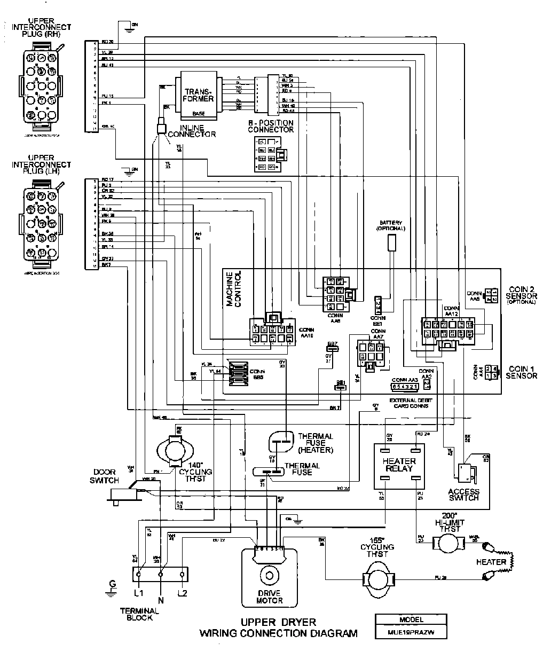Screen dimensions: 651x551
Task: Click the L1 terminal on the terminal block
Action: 139,575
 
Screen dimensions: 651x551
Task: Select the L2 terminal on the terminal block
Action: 182,575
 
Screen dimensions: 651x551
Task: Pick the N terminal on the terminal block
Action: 161,575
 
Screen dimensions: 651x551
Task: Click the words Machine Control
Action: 234,289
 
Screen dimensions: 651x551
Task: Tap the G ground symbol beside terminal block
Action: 111,587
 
